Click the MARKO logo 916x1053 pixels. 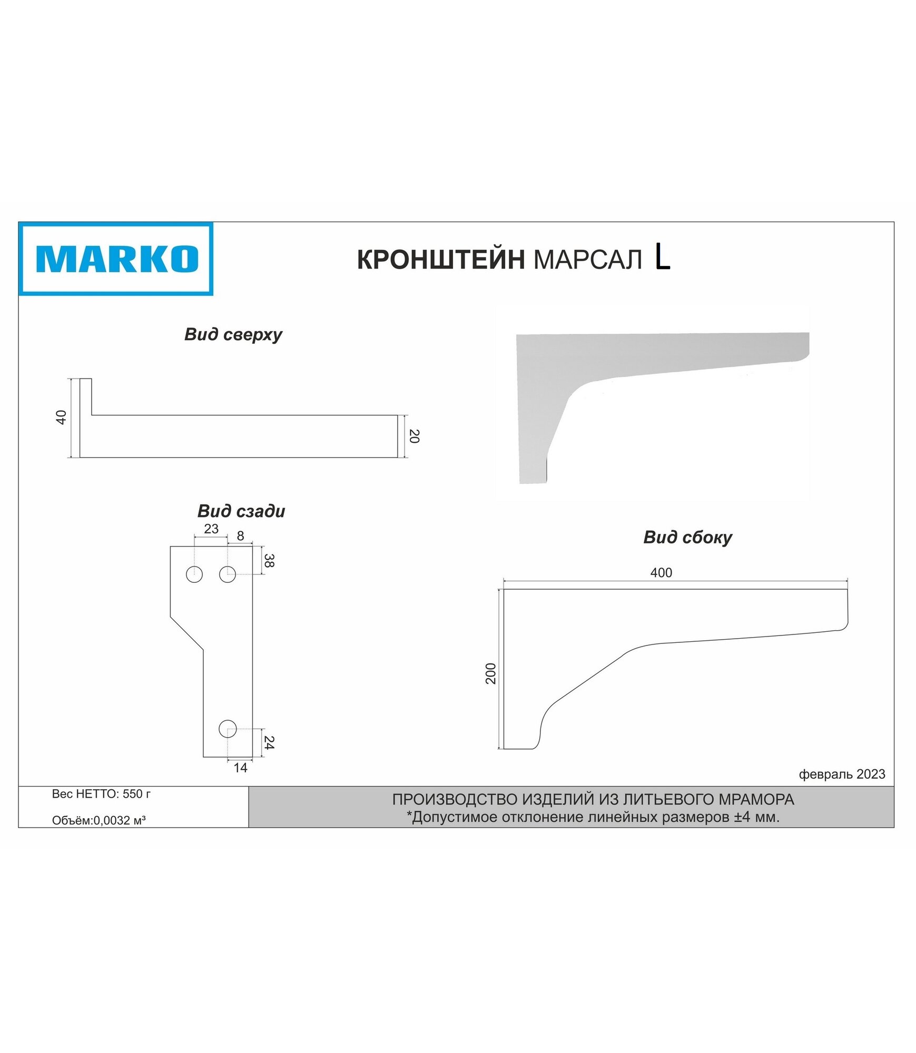pos(116,259)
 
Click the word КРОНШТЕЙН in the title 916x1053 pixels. pos(440,260)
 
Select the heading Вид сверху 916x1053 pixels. pos(233,334)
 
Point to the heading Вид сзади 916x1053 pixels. pos(241,511)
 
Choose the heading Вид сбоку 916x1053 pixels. pos(687,537)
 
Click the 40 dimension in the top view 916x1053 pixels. pos(62,418)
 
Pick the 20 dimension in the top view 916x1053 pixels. pos(414,436)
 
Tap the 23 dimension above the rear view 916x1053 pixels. pos(211,529)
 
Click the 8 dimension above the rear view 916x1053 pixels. pos(240,536)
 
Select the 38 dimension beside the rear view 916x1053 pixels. pos(269,561)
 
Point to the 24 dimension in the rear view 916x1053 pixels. pos(269,743)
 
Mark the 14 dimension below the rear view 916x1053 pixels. pos(240,768)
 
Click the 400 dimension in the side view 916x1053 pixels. pos(661,573)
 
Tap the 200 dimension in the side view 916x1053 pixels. pos(491,673)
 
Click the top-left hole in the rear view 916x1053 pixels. pos(194,574)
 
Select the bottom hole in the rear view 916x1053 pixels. pos(228,729)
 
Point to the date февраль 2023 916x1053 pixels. pos(842,774)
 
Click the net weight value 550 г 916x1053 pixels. pos(136,794)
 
